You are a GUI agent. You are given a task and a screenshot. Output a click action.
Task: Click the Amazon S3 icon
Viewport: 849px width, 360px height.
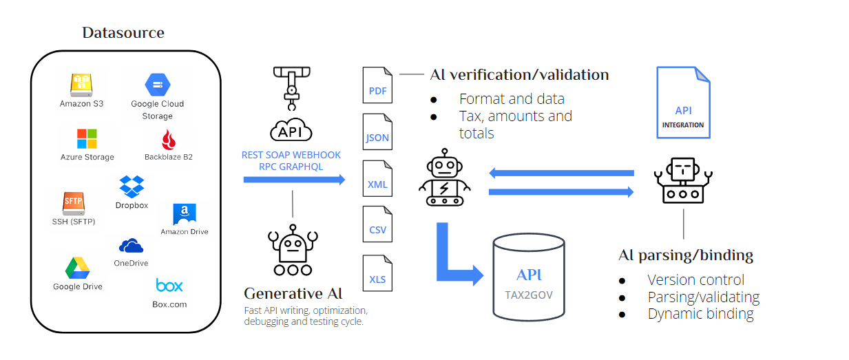[x=81, y=85]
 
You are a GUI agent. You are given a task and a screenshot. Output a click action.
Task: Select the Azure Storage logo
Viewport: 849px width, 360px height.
[x=87, y=138]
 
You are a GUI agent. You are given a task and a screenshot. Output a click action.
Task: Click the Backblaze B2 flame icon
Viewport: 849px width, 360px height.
[x=168, y=139]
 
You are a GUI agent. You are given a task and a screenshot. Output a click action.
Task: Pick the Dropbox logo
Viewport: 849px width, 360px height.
[x=132, y=187]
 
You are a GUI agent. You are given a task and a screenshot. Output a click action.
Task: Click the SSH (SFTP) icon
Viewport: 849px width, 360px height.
[x=73, y=202]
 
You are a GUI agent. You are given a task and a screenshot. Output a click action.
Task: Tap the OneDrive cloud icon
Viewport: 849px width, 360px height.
[x=131, y=246]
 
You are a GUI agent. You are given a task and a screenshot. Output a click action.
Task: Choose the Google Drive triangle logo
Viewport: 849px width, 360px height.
[x=78, y=268]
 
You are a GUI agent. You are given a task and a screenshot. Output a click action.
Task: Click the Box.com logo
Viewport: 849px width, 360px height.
[x=169, y=285]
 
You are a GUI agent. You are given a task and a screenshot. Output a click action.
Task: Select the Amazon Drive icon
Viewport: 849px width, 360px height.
[x=184, y=214]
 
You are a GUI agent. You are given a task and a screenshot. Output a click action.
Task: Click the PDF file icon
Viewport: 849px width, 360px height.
[x=377, y=85]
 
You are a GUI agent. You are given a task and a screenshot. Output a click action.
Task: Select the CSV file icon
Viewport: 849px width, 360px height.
[x=377, y=225]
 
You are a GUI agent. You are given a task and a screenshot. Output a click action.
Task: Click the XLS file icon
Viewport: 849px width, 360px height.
[x=377, y=273]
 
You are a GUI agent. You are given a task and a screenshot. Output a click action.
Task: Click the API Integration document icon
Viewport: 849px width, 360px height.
[x=682, y=103]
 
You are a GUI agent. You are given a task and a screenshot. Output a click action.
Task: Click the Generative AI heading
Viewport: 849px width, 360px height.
[x=293, y=293]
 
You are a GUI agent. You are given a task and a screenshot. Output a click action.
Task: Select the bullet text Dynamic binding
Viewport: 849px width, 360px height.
[x=700, y=314]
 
